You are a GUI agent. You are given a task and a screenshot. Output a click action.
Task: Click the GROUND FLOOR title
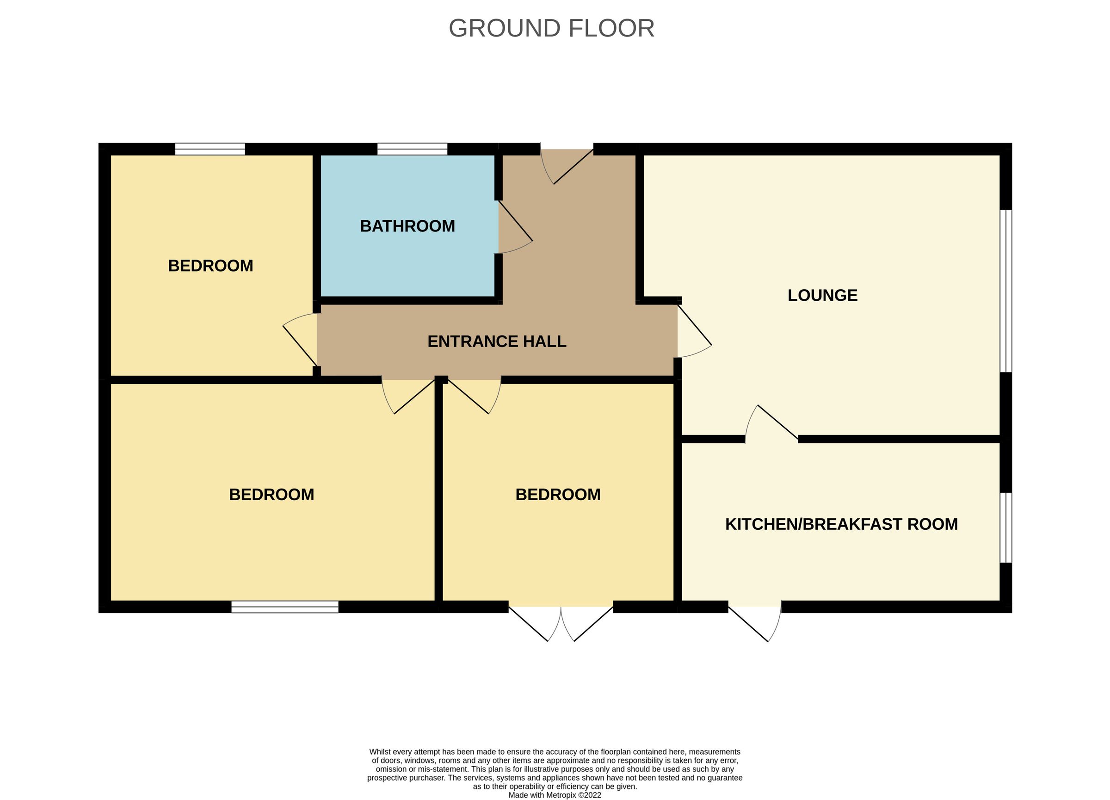(551, 28)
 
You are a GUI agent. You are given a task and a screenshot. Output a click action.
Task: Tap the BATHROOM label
(407, 226)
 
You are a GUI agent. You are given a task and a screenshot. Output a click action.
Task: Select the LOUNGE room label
(822, 295)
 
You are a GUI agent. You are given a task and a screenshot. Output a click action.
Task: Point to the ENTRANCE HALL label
(497, 341)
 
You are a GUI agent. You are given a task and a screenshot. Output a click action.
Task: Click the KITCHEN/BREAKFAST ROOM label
(841, 524)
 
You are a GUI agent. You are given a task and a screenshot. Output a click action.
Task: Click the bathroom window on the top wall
(412, 149)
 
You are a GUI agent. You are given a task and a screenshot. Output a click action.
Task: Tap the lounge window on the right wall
(1005, 291)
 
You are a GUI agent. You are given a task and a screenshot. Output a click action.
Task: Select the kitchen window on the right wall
(1005, 527)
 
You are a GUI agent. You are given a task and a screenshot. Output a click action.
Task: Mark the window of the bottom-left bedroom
(285, 607)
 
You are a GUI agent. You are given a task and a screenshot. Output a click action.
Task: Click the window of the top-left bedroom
(210, 149)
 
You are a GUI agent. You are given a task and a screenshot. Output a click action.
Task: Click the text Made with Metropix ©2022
(555, 795)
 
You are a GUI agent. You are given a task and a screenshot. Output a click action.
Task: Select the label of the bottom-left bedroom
(271, 495)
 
